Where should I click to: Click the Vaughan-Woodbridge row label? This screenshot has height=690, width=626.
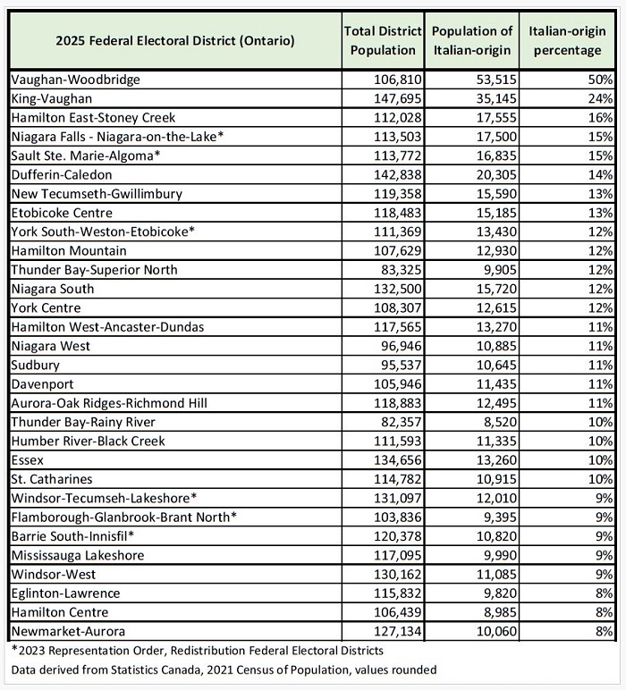tap(76, 80)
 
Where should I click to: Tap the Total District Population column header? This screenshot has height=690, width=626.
tap(383, 40)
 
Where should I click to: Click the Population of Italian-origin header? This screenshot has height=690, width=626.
tap(471, 40)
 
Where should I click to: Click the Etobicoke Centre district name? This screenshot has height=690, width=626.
tap(62, 213)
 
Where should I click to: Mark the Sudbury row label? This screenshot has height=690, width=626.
tap(37, 365)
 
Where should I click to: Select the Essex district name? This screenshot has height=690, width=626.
tap(30, 459)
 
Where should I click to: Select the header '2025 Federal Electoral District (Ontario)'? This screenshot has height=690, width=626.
tap(175, 40)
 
